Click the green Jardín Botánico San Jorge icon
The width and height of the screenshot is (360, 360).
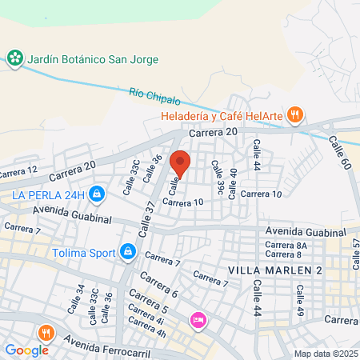(14, 58)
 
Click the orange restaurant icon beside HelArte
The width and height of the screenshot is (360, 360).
(295, 114)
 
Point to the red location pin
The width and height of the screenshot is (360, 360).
(180, 163)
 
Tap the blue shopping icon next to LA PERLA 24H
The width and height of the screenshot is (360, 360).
(96, 194)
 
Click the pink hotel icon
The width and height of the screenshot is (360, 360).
(198, 320)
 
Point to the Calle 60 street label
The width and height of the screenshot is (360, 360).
(340, 151)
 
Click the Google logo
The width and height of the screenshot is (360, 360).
(26, 350)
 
